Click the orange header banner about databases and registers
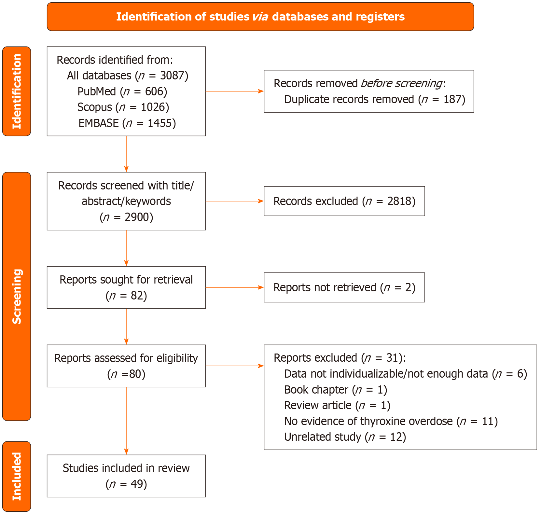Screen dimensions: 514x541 [x=260, y=17]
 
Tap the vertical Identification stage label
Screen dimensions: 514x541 [x=17, y=91]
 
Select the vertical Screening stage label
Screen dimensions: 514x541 [x=17, y=296]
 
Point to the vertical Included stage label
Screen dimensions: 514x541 [x=17, y=476]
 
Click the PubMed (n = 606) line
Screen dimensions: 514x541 [x=122, y=91]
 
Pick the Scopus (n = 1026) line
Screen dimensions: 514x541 [x=123, y=107]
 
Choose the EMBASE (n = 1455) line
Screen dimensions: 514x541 [x=127, y=123]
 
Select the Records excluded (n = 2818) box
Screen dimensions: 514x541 [x=344, y=201]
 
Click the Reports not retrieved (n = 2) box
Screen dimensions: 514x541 [x=344, y=287]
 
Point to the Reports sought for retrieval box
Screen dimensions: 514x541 [x=126, y=287]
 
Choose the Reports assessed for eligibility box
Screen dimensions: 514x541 [x=126, y=366]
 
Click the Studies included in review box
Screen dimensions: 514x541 [x=126, y=476]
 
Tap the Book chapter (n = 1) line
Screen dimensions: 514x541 [x=335, y=390]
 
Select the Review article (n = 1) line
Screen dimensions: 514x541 [x=337, y=406]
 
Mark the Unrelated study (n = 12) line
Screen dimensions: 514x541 [x=345, y=437]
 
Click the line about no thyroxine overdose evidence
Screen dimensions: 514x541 [x=391, y=421]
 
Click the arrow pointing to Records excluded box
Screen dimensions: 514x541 [x=234, y=201]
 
